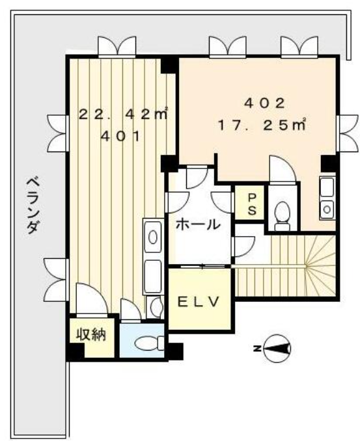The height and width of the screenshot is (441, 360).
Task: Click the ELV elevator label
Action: tap(199, 302)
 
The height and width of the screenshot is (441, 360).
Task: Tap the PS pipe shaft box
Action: tap(249, 202)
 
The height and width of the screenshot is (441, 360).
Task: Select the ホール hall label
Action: tap(198, 224)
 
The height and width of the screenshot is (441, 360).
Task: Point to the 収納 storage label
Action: tap(91, 335)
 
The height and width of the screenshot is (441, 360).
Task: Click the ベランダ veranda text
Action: tap(33, 206)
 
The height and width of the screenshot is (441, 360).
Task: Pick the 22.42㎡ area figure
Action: tap(123, 114)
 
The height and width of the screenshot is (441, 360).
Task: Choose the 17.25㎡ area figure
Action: tap(262, 125)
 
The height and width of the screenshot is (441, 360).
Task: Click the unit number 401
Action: tap(120, 137)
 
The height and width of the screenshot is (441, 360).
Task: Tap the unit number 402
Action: tap(264, 104)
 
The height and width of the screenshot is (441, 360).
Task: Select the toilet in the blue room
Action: tap(149, 343)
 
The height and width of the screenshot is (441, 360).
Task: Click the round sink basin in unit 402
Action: tap(327, 209)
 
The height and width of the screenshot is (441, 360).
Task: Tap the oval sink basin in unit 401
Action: tap(153, 237)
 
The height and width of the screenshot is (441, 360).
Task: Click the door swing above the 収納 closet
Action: tap(92, 298)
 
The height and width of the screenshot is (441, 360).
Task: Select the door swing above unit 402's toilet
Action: tap(282, 169)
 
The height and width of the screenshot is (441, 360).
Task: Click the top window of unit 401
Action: tap(117, 47)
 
